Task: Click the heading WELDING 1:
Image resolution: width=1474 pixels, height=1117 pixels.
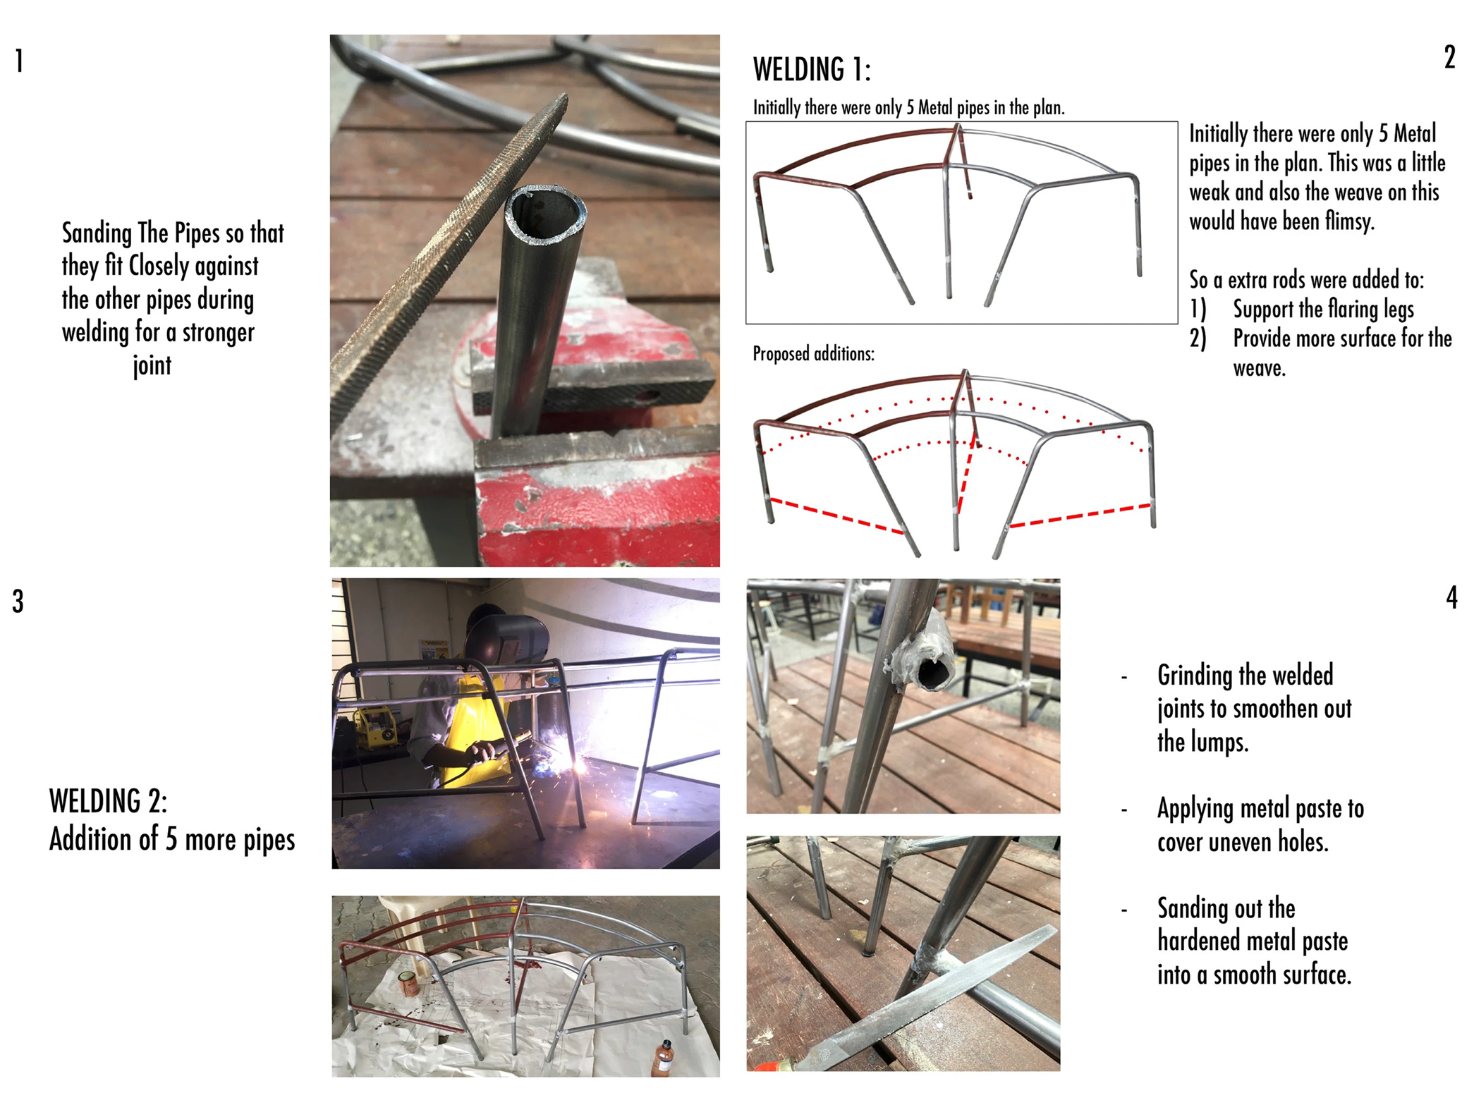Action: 812,70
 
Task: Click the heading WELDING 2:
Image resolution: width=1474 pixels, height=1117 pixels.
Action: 109,801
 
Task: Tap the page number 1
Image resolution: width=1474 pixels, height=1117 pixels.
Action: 20,61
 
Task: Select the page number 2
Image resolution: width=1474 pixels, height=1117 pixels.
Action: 1449,57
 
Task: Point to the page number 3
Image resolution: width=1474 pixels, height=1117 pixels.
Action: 18,602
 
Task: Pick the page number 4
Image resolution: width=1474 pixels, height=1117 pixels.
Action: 1451,597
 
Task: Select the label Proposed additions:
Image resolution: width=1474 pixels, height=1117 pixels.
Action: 813,353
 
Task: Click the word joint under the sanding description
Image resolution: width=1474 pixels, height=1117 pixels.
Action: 152,366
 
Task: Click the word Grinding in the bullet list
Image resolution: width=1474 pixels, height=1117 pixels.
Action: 1204,676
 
